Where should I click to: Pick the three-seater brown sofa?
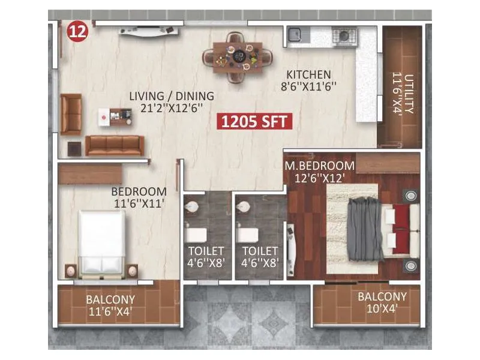point(115,145)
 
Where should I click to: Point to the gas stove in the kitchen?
point(344,35)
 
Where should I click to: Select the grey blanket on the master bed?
point(365,228)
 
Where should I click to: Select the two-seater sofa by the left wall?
point(70,114)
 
